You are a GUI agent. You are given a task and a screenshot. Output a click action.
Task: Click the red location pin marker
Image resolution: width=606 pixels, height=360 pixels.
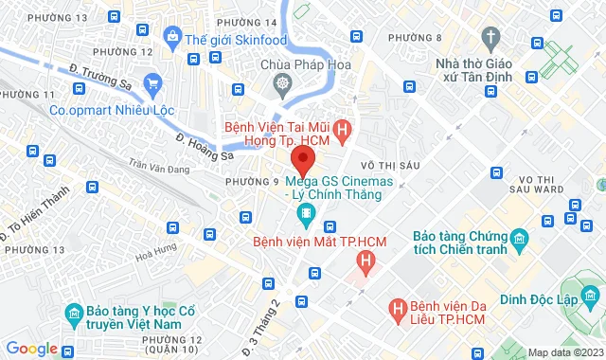coord(302,157)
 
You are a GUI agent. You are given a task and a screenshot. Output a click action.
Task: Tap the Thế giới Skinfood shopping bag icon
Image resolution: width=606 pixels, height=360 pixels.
coord(172,38)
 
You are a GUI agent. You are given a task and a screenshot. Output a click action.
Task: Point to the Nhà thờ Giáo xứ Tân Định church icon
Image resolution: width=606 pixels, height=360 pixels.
coord(490,38)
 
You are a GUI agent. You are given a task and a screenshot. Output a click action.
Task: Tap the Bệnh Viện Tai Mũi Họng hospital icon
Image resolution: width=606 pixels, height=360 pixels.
coord(343,125)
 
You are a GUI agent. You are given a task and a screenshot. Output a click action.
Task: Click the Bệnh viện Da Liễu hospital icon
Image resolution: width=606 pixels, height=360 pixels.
coord(399,308)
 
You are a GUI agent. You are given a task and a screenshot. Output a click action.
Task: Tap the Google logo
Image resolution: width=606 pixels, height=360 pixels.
coord(31,349)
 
